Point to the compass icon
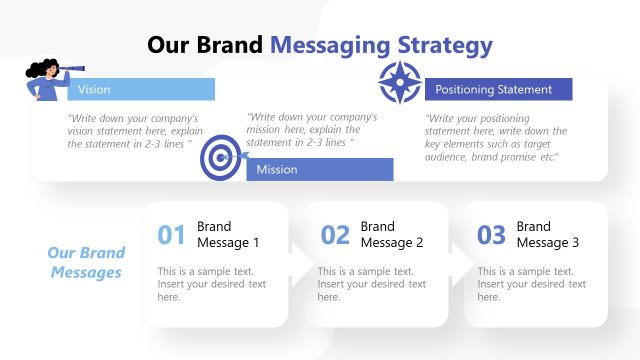click(x=400, y=82)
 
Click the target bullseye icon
click(x=221, y=159)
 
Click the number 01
click(x=172, y=235)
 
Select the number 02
click(x=335, y=235)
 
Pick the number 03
click(x=491, y=235)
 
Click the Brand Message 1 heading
click(x=228, y=234)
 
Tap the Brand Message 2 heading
click(x=392, y=234)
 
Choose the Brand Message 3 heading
click(x=547, y=234)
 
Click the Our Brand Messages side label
click(x=86, y=263)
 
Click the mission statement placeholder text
click(x=312, y=129)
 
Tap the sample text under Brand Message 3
click(x=531, y=284)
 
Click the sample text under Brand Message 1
click(x=212, y=284)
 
